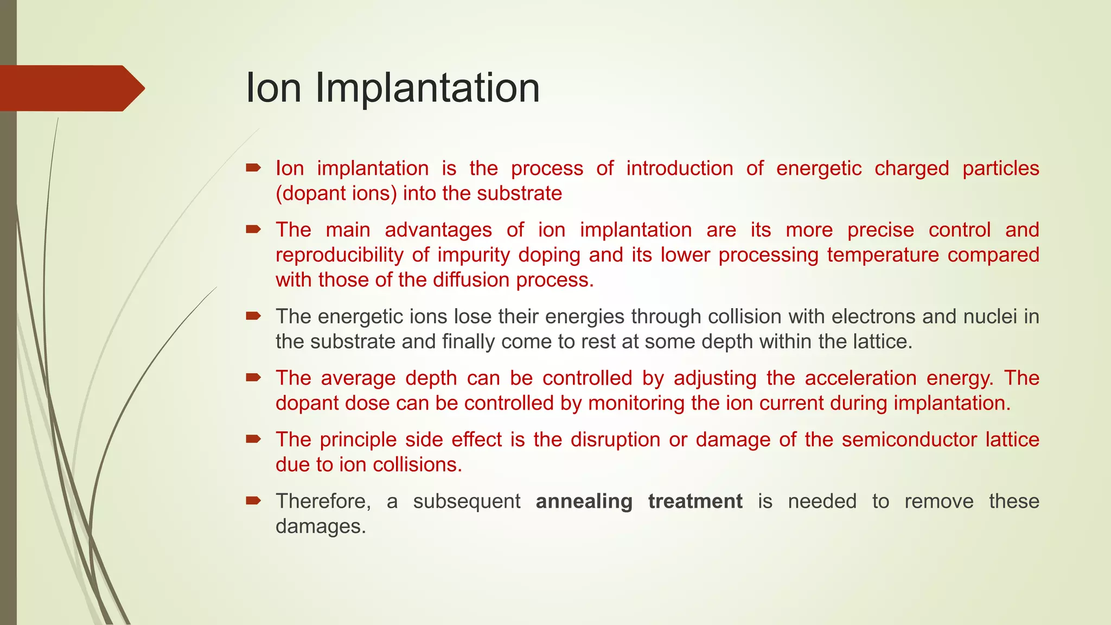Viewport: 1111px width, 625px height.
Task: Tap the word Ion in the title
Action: (x=273, y=88)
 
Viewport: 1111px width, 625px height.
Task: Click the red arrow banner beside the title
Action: (x=71, y=88)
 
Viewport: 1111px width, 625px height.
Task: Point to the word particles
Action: (x=1000, y=169)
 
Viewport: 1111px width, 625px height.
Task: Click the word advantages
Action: (x=438, y=230)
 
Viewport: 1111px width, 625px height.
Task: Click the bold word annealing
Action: (x=584, y=501)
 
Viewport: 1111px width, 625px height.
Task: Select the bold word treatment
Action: (x=695, y=501)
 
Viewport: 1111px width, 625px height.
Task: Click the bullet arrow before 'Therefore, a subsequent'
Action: (x=253, y=500)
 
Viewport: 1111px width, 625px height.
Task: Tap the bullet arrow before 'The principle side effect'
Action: (x=253, y=438)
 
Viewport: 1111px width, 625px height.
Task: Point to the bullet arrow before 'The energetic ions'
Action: (x=253, y=315)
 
